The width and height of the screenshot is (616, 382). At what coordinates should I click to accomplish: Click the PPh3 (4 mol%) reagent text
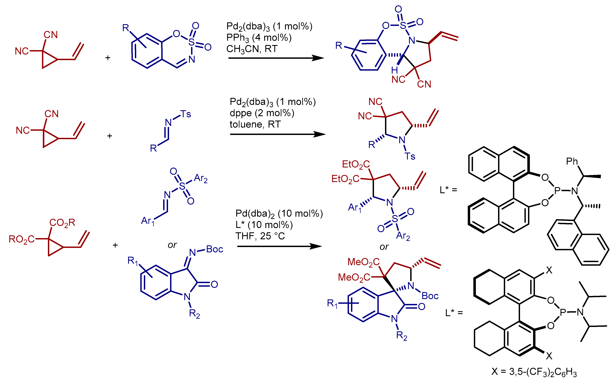click(x=259, y=38)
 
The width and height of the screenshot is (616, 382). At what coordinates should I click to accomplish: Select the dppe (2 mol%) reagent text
click(x=262, y=113)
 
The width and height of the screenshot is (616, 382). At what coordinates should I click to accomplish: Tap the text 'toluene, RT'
click(x=255, y=124)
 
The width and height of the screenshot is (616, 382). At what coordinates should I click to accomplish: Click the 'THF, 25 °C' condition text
click(x=260, y=236)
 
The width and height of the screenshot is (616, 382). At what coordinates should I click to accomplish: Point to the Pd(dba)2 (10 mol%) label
click(x=279, y=214)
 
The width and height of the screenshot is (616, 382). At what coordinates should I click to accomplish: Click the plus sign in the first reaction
click(x=108, y=58)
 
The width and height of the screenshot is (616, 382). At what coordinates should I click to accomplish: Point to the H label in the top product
click(x=394, y=70)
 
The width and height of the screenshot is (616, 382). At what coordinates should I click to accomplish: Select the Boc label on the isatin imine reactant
click(x=214, y=249)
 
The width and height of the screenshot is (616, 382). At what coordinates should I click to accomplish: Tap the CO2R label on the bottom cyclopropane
click(x=62, y=223)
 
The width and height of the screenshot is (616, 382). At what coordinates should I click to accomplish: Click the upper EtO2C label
click(x=356, y=164)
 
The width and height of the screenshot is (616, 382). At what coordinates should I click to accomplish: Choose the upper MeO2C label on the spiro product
click(x=363, y=262)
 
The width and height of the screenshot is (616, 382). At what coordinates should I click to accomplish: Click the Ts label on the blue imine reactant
click(x=185, y=114)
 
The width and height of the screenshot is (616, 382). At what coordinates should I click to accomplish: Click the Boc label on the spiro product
click(x=430, y=296)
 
